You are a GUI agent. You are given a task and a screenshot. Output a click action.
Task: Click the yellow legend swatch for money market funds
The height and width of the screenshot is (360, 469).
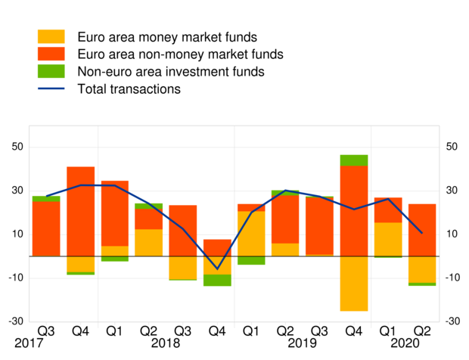52,37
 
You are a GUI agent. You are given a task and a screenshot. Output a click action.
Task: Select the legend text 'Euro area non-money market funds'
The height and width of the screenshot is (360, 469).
180,54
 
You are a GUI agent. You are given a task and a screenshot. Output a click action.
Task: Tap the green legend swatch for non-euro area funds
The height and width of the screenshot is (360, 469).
52,72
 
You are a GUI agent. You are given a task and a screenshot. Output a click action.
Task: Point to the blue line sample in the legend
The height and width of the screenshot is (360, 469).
52,89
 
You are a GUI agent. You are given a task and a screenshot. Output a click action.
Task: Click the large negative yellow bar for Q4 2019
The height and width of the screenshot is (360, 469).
353,283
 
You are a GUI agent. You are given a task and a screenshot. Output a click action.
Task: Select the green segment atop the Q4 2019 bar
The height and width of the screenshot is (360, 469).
353,160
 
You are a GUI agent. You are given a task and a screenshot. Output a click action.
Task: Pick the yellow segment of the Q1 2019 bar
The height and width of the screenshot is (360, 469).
251,234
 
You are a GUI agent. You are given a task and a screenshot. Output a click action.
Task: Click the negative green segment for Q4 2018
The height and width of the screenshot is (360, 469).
217,280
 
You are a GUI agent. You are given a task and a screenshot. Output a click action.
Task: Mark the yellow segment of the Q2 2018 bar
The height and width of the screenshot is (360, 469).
149,242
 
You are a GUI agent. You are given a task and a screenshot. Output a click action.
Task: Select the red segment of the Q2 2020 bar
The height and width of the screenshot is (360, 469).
422,230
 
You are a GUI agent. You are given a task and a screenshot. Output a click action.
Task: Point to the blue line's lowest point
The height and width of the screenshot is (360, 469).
217,268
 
